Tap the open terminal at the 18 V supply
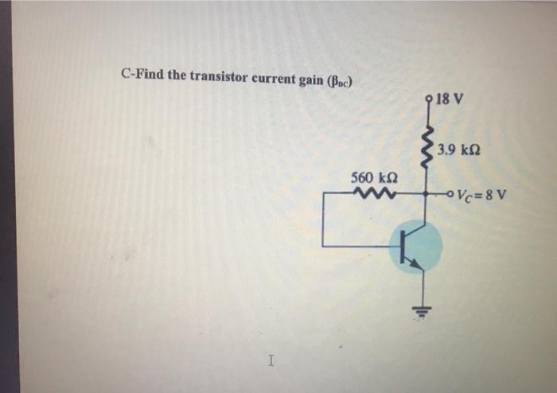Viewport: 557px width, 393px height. pos(430,101)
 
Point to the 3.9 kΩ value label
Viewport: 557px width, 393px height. pos(463,150)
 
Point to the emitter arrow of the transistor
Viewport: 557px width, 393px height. pos(418,263)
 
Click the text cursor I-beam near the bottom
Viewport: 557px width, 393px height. pos(271,361)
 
